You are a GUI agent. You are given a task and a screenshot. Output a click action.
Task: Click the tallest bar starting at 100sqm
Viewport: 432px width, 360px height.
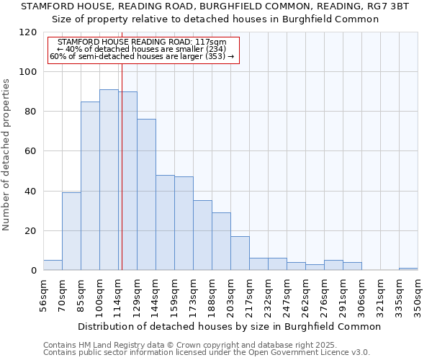pyautogui.click(x=109, y=180)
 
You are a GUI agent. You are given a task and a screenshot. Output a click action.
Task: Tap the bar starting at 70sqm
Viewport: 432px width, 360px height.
pyautogui.click(x=71, y=231)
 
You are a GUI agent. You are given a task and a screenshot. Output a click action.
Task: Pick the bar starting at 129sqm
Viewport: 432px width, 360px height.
pyautogui.click(x=146, y=194)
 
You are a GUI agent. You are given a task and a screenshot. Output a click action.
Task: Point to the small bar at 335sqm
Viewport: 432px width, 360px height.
pyautogui.click(x=408, y=269)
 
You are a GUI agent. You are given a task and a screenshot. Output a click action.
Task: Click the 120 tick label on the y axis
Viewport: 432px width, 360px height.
pyautogui.click(x=29, y=32)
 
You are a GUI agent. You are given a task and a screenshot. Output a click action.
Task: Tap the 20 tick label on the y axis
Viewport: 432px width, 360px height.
pyautogui.click(x=31, y=231)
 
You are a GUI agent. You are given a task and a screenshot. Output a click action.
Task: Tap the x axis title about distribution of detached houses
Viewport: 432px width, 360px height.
pyautogui.click(x=229, y=326)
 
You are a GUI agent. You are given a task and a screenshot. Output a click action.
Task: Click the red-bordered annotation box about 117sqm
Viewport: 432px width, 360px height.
pyautogui.click(x=143, y=49)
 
